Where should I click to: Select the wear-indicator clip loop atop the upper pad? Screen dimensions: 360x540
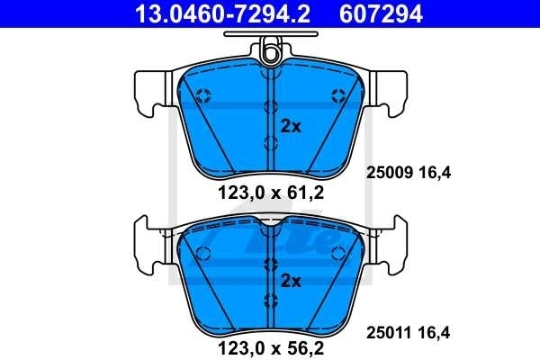click(x=270, y=53)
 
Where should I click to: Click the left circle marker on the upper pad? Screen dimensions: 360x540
click(x=202, y=94)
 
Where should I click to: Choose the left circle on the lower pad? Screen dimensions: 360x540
click(x=202, y=253)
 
